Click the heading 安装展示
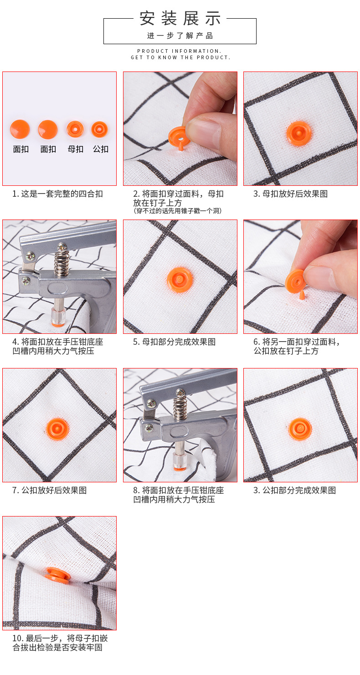[x=180, y=18]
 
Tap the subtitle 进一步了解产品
[x=180, y=36]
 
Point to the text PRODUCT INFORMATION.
[x=180, y=51]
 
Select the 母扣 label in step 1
[x=75, y=149]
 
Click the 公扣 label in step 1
[x=101, y=149]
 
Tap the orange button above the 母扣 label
[x=75, y=129]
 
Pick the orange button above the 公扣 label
[x=99, y=129]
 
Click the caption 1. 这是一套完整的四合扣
[x=57, y=194]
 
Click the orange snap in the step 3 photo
[x=298, y=133]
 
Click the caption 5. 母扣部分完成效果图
[x=174, y=342]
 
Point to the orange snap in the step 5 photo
[x=180, y=280]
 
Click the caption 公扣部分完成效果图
[x=299, y=490]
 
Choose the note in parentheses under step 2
[x=178, y=211]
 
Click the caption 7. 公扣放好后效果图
[x=50, y=490]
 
